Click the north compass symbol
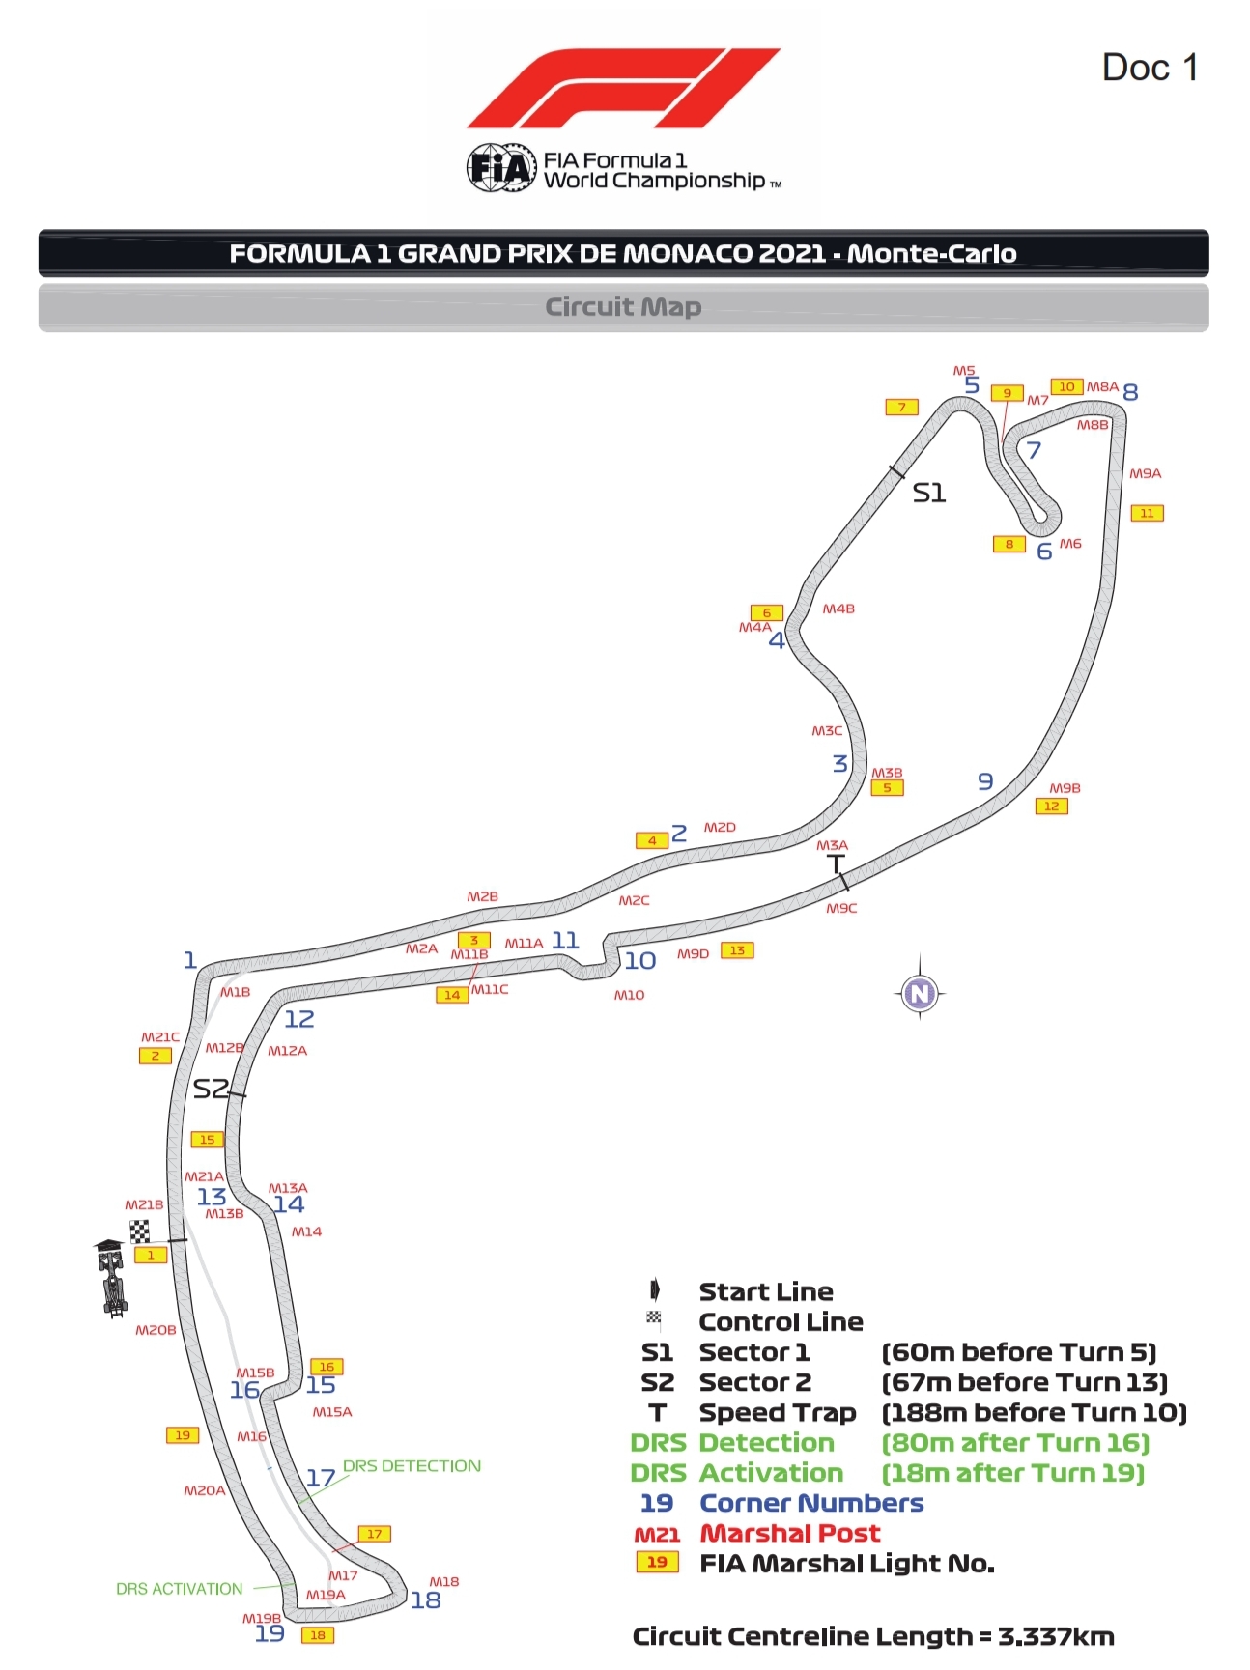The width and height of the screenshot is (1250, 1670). coord(920,993)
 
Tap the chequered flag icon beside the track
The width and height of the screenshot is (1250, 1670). coord(140,1231)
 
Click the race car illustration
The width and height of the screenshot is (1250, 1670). coord(112,1278)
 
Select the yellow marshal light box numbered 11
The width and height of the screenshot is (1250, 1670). coord(1147,514)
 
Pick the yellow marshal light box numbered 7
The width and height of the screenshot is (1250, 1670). coord(901,408)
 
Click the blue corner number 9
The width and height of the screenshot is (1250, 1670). coord(985,780)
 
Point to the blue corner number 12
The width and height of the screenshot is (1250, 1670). coord(299,1019)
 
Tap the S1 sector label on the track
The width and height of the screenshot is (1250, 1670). coord(929,494)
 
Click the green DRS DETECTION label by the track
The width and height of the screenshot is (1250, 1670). coord(412,1466)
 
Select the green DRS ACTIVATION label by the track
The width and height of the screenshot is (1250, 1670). coord(180,1589)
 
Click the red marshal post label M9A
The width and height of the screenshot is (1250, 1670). coord(1145,474)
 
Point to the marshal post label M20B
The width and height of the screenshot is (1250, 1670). coord(156,1330)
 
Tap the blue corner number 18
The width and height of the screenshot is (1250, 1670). coord(426,1600)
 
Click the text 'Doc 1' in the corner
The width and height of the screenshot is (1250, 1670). coord(1150,69)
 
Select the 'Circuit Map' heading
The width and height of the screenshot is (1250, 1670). coord(623,307)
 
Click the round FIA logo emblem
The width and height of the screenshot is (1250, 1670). coord(500,169)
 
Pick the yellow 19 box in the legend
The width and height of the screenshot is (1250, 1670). coord(657,1563)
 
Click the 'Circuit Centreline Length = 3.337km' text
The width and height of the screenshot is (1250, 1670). coord(873,1636)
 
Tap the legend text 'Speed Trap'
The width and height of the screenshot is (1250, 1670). coord(778,1413)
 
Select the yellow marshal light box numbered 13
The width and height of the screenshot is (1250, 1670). coord(737,950)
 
